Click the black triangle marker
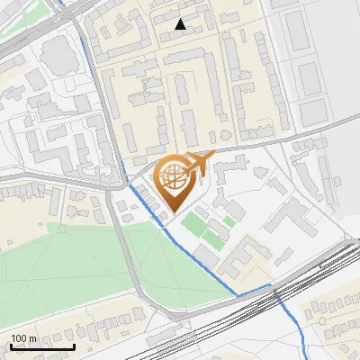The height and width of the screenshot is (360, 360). point(181,24)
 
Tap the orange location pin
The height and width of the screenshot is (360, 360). point(176,181)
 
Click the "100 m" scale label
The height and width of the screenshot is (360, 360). point(23,338)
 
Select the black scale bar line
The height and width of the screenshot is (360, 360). point(41,346)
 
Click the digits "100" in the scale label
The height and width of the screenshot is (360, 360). point(18,338)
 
